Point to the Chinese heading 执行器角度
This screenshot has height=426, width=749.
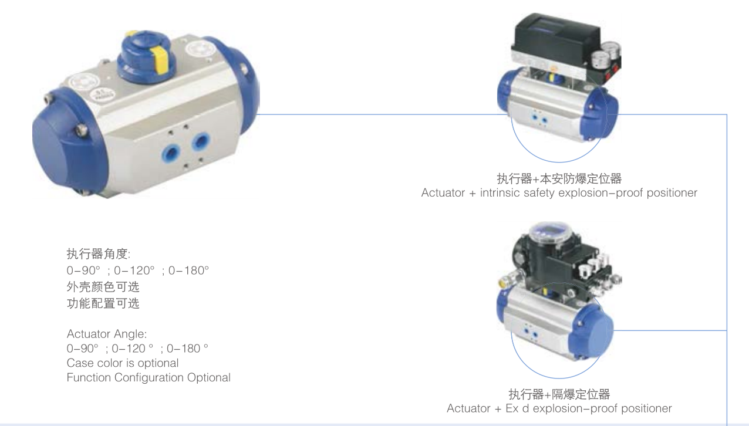tap(99, 255)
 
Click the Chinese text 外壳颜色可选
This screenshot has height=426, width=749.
tap(103, 288)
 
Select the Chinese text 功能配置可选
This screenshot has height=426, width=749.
tap(103, 304)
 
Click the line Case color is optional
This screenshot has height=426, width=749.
tap(123, 363)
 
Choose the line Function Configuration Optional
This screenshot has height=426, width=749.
tap(149, 378)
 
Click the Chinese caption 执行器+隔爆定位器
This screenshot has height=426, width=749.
tap(559, 394)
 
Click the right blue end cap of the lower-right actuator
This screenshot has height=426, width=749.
tap(598, 327)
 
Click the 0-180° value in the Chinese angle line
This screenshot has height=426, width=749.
tap(189, 271)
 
